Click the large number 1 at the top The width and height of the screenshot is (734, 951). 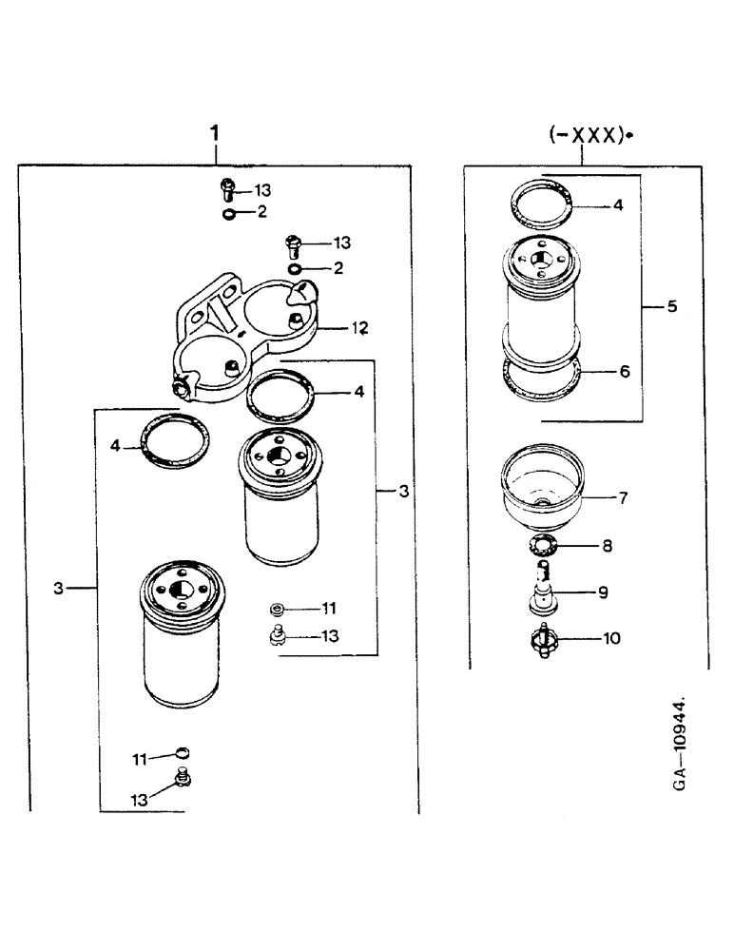coord(216,133)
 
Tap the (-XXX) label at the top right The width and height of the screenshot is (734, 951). coord(589,136)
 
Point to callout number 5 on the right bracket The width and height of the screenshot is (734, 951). coord(671,307)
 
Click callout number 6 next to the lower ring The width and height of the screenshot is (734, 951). coord(624,372)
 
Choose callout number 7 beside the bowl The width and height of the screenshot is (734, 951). coord(624,497)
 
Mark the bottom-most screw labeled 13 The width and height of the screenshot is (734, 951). coord(183,780)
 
